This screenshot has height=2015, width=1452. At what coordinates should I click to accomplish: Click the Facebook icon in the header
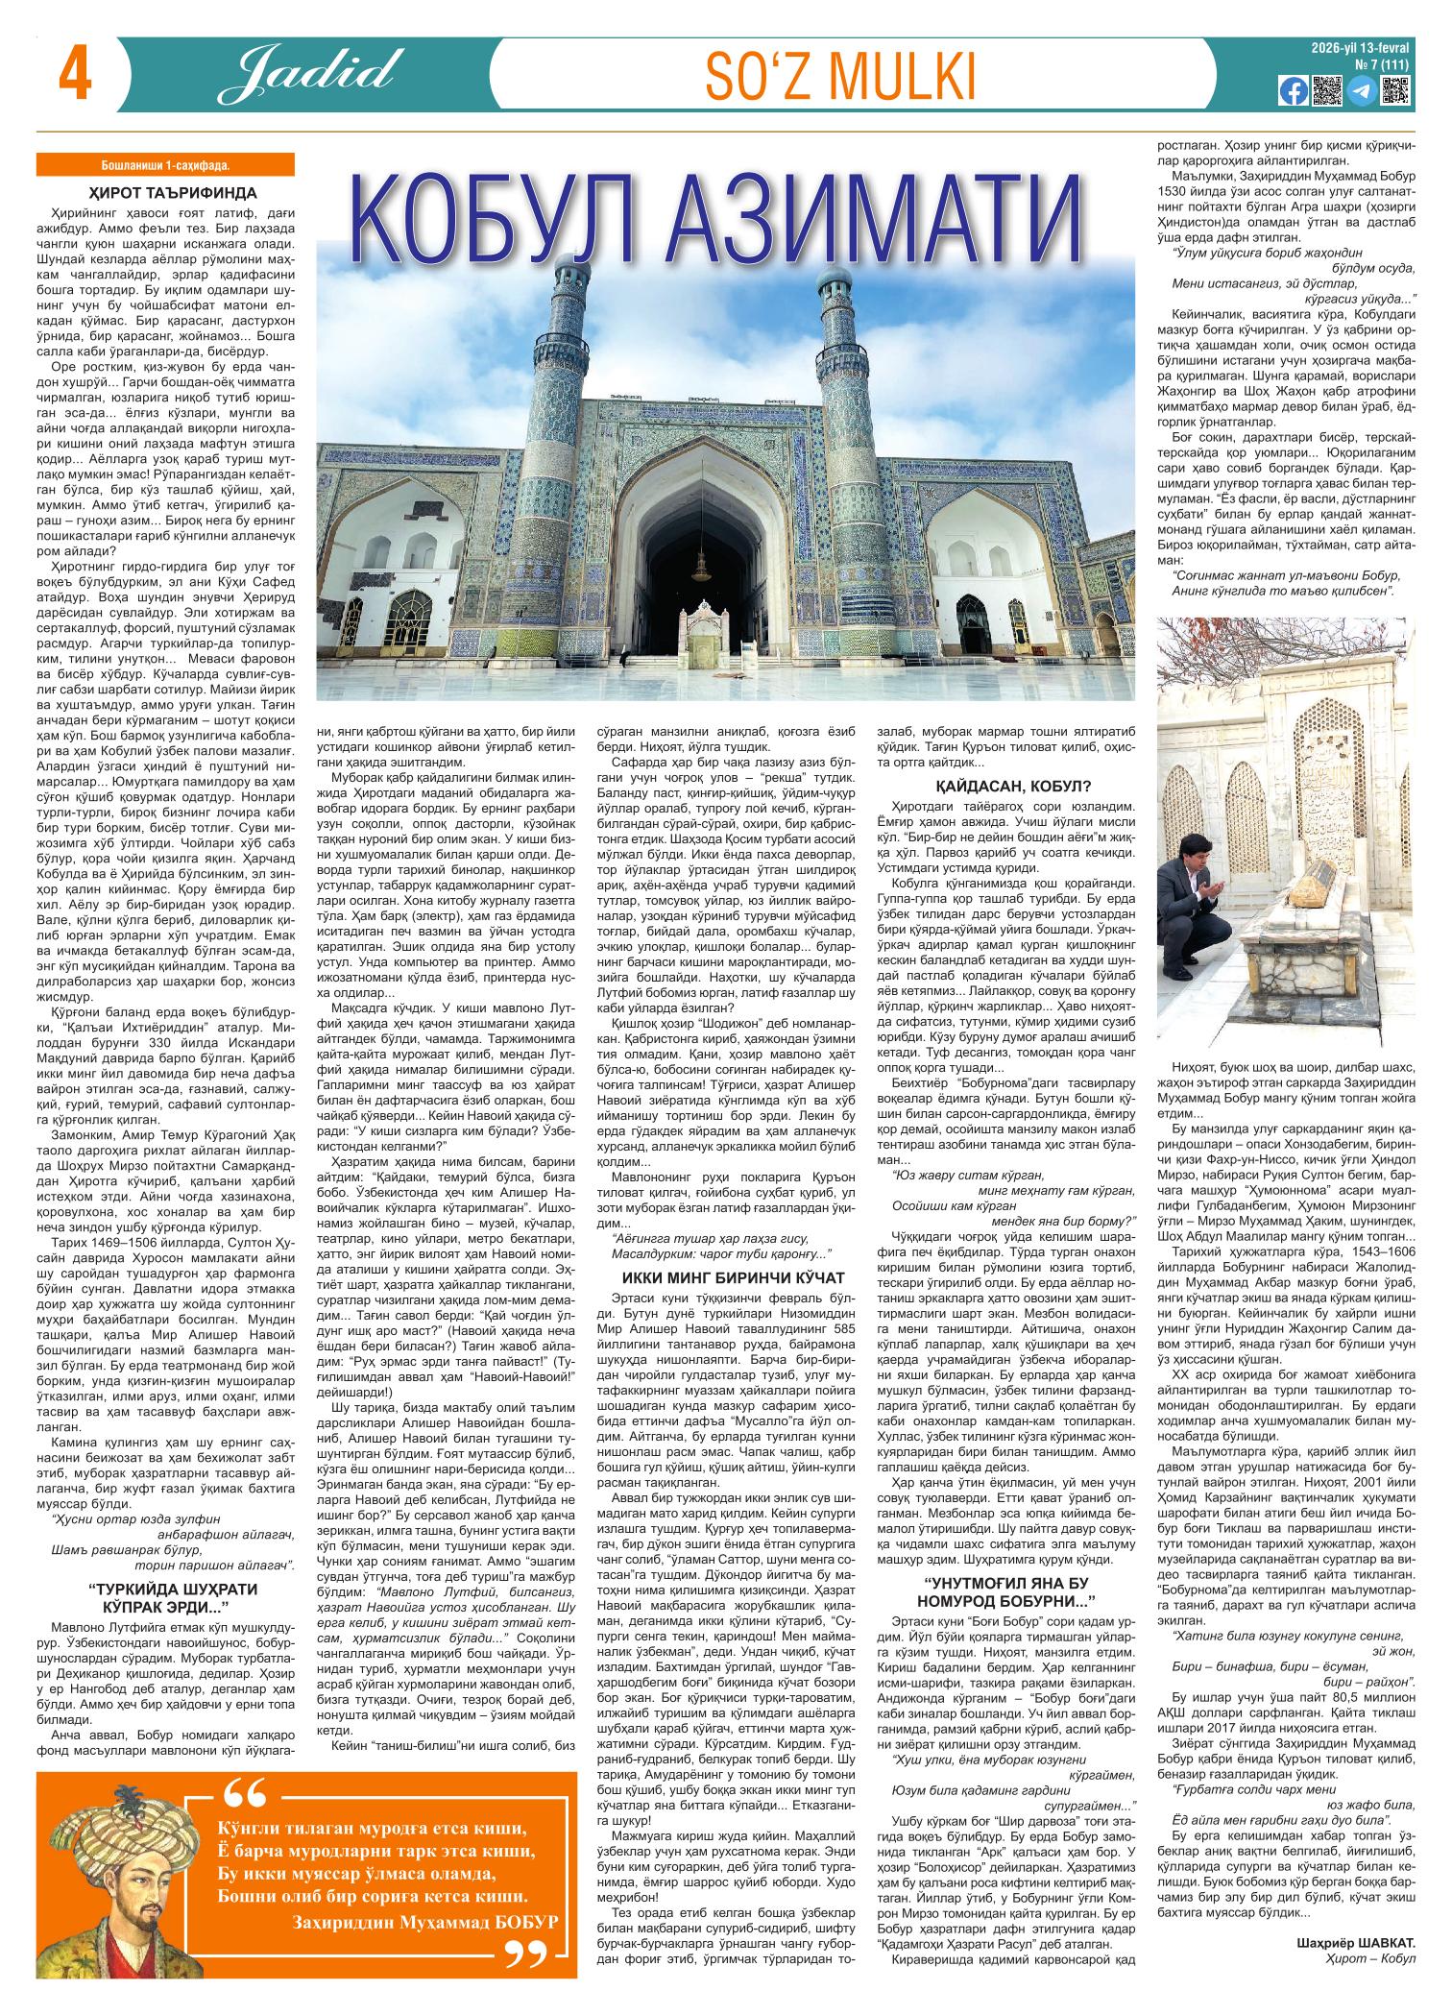(x=1292, y=91)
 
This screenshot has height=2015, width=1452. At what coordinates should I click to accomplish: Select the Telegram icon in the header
(x=1360, y=91)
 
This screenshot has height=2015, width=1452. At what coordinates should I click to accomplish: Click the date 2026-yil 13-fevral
(x=1363, y=47)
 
